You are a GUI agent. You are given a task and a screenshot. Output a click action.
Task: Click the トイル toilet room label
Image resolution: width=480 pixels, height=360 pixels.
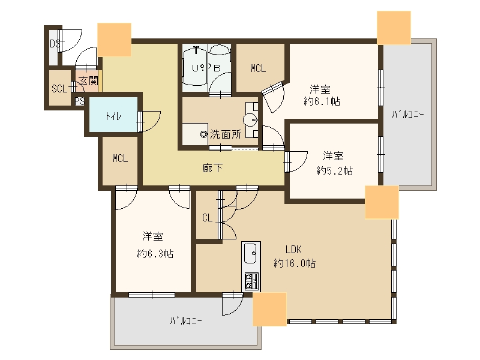point(113,116)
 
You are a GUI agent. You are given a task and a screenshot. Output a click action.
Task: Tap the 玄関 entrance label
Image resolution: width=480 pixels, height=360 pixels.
point(88,81)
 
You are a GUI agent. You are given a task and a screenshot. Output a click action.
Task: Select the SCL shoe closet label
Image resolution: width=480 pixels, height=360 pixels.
point(59,89)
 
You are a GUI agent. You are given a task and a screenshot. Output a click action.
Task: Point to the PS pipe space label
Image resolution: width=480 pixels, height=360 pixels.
point(80,101)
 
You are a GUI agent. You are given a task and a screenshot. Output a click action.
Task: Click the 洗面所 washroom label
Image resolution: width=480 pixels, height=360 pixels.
point(226,134)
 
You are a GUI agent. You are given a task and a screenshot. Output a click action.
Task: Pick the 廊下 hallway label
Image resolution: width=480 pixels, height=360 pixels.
point(212,168)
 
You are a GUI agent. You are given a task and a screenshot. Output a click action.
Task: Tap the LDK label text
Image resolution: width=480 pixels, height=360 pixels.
point(293,250)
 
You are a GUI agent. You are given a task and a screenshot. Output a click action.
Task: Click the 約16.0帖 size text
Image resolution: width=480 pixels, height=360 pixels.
point(295,263)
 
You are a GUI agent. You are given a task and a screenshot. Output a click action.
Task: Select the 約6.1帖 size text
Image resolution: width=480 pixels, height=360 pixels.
point(322,101)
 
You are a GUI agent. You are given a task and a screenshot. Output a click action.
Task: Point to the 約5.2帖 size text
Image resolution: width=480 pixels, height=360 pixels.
point(334,170)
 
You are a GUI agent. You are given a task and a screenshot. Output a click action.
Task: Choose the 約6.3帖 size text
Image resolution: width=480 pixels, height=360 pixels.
point(155,253)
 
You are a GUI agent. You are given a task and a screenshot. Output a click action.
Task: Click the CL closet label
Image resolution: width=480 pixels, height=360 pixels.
point(207,218)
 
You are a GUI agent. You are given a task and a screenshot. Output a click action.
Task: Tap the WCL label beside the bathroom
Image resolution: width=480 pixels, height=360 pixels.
point(258,68)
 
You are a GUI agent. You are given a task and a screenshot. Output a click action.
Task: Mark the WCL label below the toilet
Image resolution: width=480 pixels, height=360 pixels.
point(119,158)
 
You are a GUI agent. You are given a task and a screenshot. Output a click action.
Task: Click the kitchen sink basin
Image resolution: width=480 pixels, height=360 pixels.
point(250,253)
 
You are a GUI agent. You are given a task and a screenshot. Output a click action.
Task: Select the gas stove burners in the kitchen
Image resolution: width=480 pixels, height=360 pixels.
point(251,281)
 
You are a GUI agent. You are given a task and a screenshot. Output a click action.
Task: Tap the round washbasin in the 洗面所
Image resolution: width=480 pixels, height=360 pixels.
point(250,119)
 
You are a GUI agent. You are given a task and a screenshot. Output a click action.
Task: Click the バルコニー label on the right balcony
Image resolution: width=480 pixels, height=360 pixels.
point(408,115)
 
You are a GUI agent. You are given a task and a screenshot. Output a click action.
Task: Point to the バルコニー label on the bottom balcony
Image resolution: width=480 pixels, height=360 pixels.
point(186,321)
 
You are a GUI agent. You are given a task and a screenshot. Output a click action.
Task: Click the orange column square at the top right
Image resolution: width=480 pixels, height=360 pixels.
point(394,28)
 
